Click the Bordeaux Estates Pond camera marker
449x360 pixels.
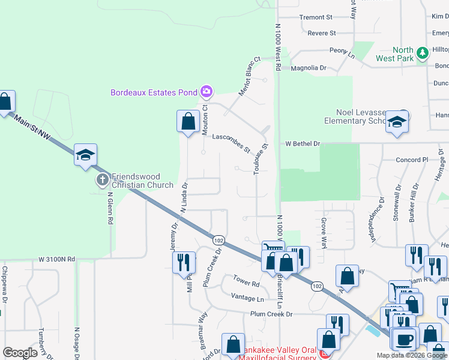tap(206, 92)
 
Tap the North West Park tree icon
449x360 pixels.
tap(423, 53)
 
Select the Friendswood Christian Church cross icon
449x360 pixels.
tap(103, 179)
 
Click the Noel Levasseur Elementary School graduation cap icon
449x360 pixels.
tap(397, 122)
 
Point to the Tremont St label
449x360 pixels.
tap(316, 17)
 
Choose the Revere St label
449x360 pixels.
tap(321, 33)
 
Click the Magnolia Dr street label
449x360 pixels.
tap(309, 68)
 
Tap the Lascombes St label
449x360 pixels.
tap(231, 143)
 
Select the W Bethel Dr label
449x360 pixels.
tap(303, 144)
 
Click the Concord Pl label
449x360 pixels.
tap(411, 160)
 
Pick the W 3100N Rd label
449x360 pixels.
tap(57, 259)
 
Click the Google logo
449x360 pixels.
tap(20, 353)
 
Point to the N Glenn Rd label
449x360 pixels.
tap(110, 208)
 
